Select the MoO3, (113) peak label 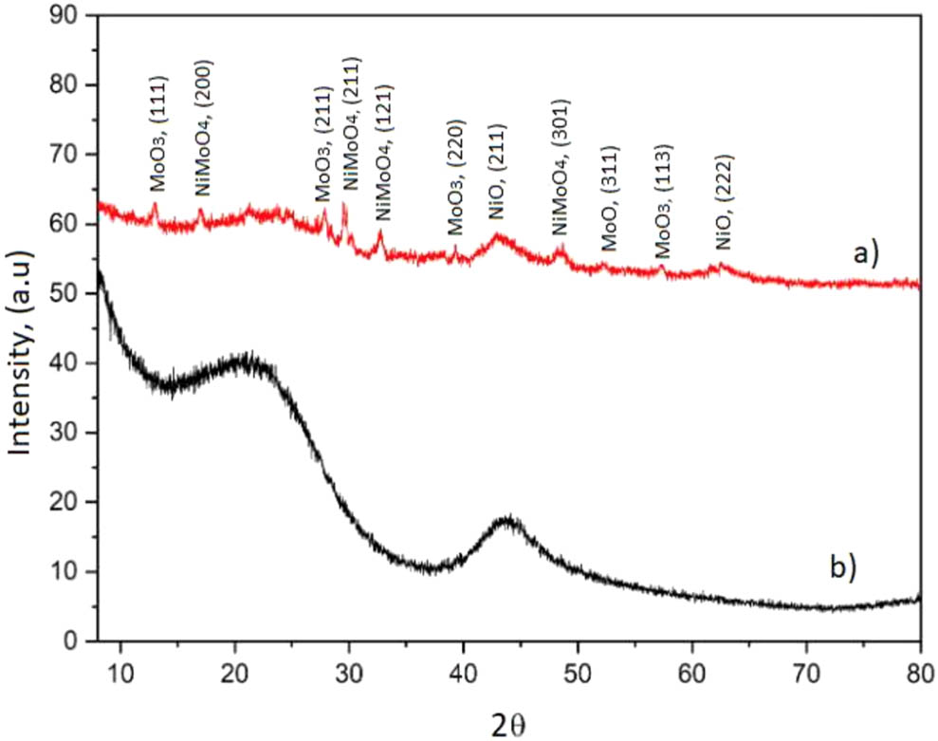(x=664, y=200)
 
